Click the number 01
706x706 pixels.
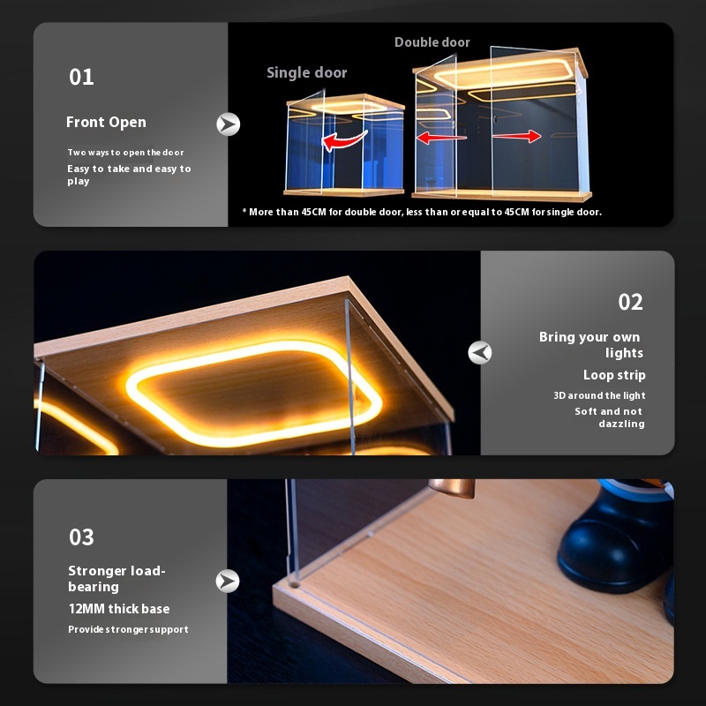[81, 77]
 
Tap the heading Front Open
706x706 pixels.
[106, 123]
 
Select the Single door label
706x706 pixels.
[306, 72]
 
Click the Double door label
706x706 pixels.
[432, 42]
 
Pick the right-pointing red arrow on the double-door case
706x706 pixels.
[516, 136]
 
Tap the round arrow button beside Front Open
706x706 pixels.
[229, 124]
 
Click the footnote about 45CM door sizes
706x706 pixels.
[422, 212]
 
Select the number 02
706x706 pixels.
[630, 303]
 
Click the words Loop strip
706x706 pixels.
[613, 375]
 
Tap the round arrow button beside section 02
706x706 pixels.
[480, 353]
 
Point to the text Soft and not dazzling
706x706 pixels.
[610, 417]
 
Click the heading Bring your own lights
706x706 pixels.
[591, 345]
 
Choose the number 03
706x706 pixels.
[81, 537]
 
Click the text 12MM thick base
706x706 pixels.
[118, 609]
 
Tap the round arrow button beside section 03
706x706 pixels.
[229, 580]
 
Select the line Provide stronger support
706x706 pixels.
[128, 629]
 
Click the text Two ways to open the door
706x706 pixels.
[125, 153]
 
